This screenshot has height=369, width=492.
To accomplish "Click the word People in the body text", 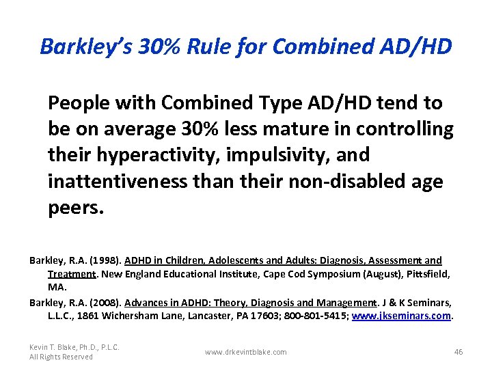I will (x=77, y=103).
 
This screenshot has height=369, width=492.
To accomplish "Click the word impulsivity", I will (x=296, y=155).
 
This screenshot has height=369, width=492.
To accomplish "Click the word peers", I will (x=76, y=207).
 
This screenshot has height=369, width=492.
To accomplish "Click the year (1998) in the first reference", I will (x=106, y=260).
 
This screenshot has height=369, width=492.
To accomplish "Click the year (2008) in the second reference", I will (x=106, y=303).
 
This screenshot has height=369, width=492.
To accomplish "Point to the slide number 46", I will (x=459, y=352).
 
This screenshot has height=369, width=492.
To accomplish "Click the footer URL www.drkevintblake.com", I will (x=246, y=352).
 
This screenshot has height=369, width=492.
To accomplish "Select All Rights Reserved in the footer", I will (x=59, y=357).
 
